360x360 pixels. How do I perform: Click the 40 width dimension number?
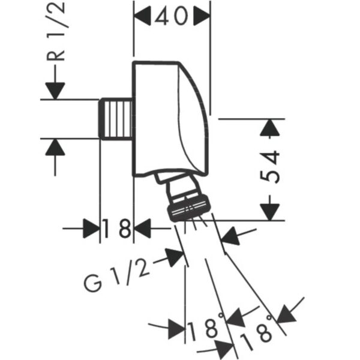point(171,16)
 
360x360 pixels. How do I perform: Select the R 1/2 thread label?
point(56,32)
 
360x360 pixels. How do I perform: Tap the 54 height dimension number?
point(270,166)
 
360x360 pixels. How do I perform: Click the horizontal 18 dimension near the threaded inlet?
point(116,229)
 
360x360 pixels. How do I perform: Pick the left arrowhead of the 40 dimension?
point(142,16)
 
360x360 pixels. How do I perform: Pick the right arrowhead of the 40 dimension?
point(202,16)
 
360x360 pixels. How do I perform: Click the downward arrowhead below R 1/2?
point(55,91)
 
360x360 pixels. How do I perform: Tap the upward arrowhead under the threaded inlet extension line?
point(55,147)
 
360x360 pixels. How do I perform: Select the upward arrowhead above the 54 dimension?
point(270,127)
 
